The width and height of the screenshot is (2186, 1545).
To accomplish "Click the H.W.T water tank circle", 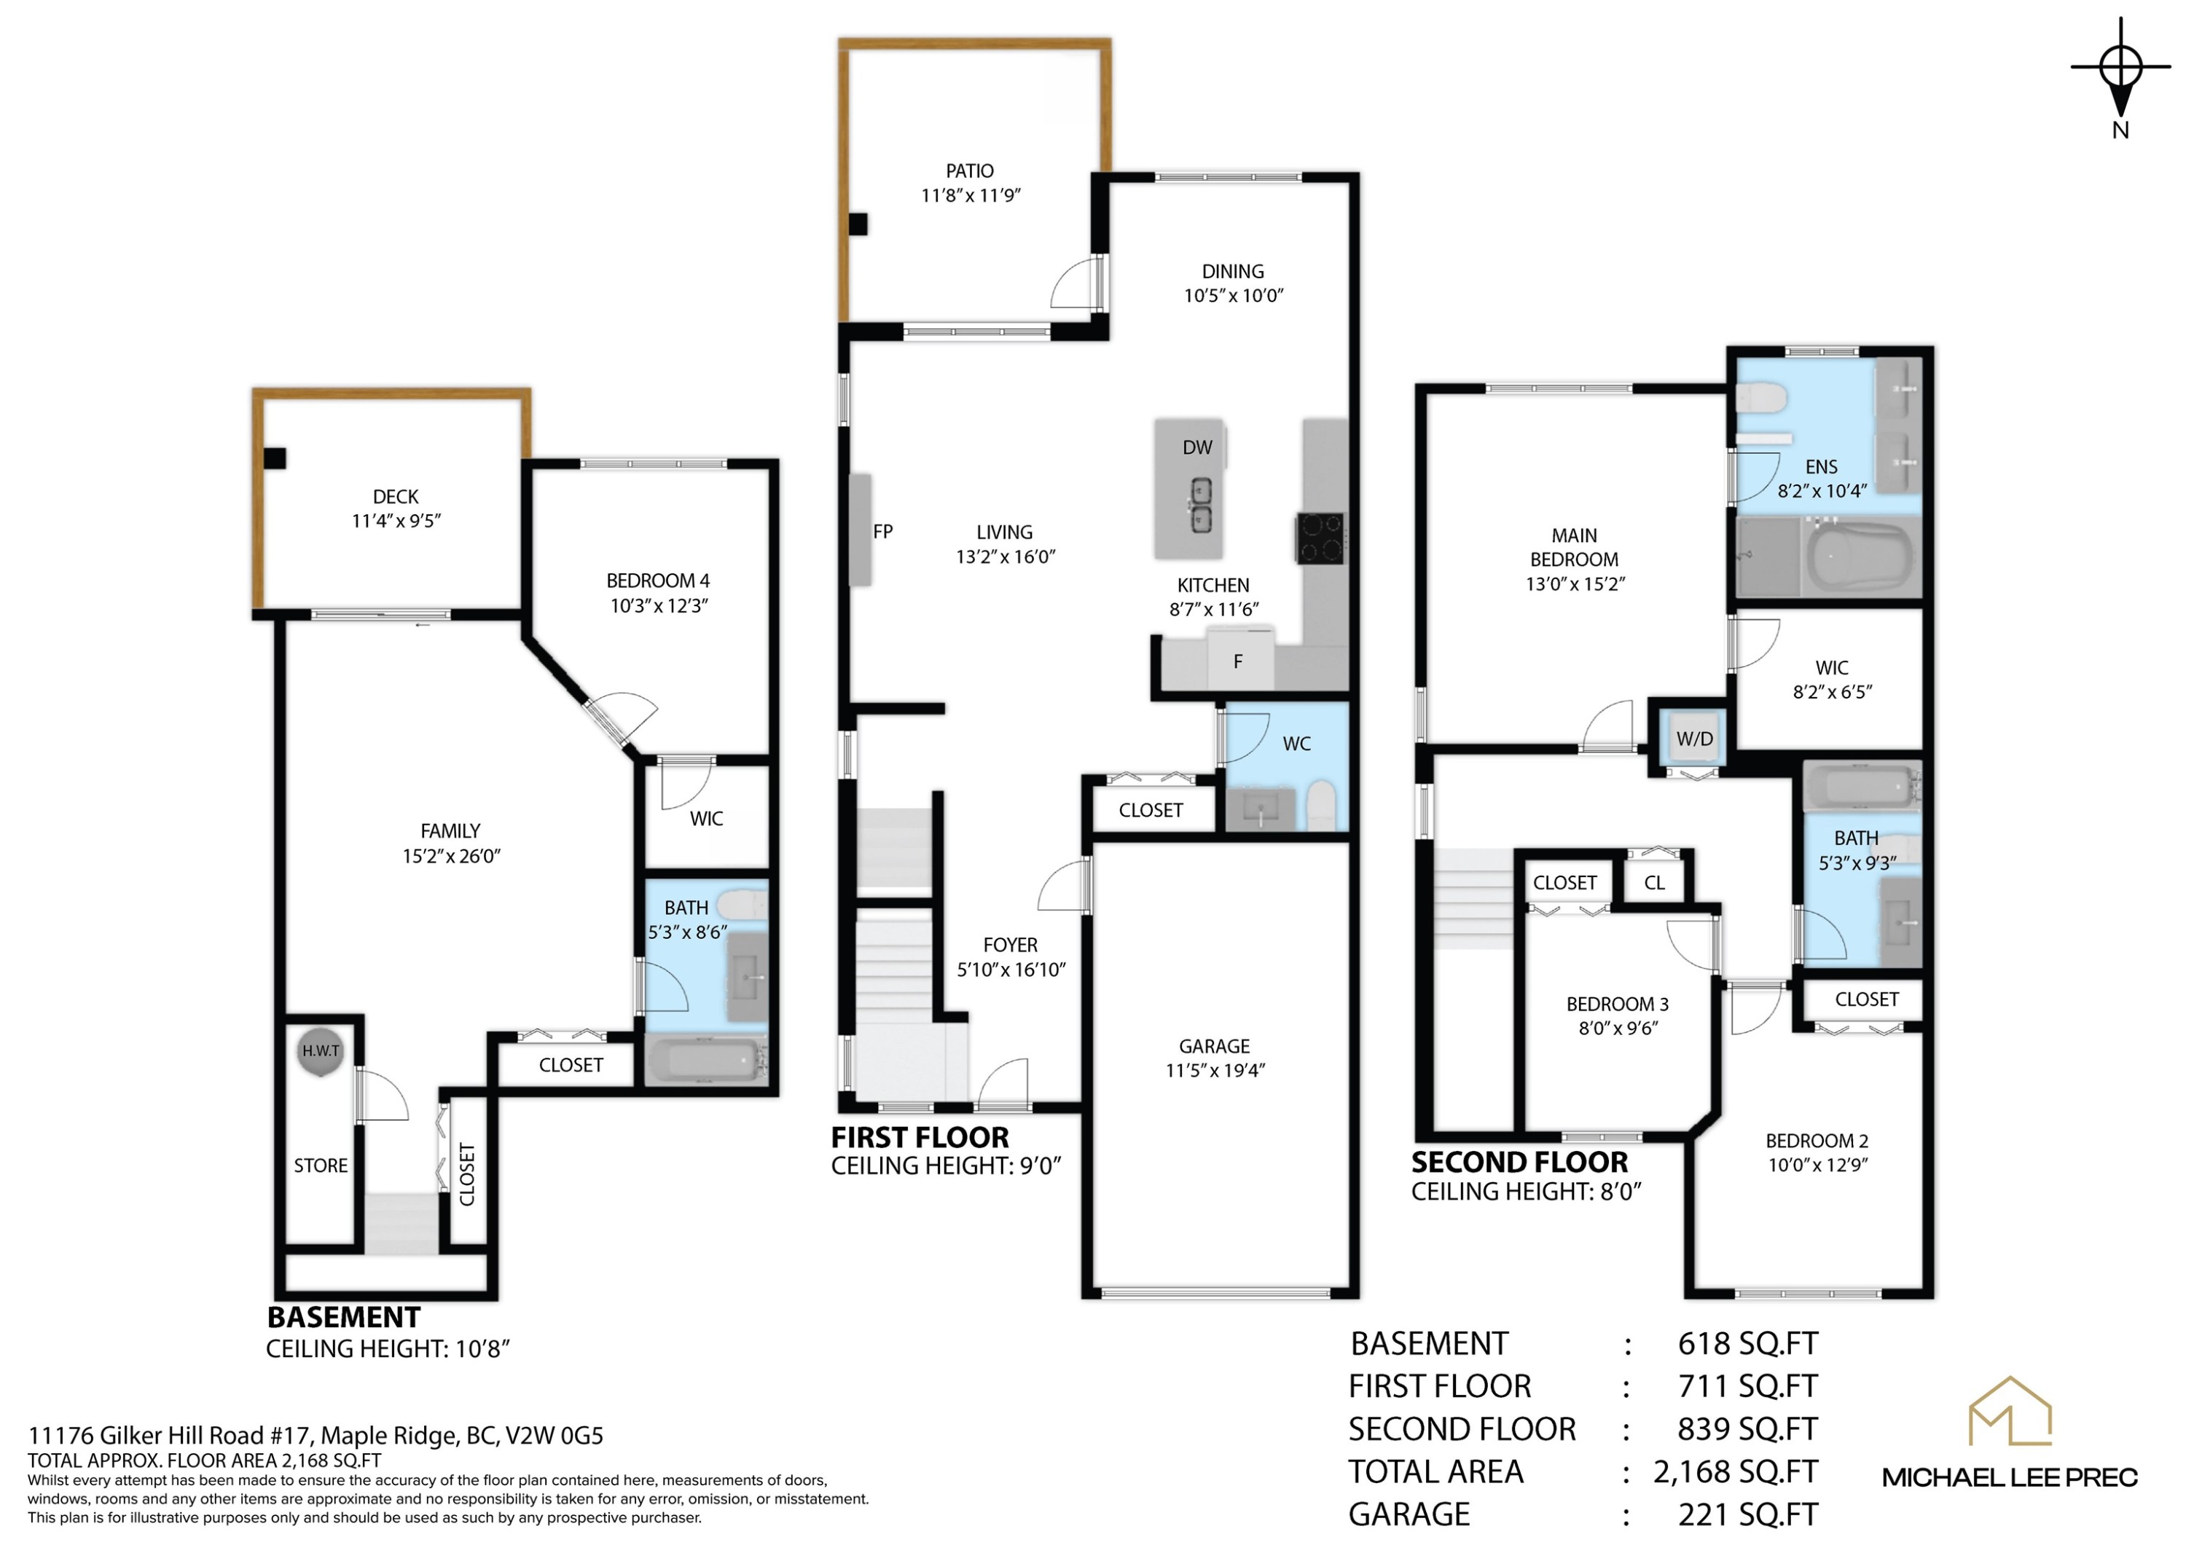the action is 320,1052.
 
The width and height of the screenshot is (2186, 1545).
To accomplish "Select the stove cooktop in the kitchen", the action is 1320,539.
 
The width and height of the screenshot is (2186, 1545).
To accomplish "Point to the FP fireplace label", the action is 882,531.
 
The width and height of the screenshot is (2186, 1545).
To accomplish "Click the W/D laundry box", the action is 1695,738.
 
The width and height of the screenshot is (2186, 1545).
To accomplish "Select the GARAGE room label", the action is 1214,1046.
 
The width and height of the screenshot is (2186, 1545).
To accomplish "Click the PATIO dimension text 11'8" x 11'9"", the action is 970,195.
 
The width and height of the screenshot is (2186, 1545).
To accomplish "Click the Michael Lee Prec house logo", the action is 2010,1411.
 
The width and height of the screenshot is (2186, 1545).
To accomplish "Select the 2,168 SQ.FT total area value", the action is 1735,1471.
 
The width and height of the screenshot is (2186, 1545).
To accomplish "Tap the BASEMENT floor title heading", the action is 344,1318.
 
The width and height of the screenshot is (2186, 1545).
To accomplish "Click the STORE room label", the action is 321,1165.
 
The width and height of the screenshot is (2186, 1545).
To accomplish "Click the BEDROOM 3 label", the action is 1618,1003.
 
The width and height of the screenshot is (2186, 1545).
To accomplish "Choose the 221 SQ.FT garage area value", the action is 1748,1514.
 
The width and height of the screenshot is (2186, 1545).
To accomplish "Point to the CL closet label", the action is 1655,882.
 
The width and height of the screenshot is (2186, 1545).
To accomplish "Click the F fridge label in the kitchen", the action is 1238,661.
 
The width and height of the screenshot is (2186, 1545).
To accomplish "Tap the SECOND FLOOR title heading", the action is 1519,1163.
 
